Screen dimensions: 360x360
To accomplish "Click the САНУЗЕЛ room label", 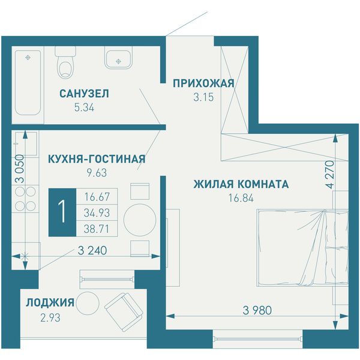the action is pos(84,94).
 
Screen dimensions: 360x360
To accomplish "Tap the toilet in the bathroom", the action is pos(65,62).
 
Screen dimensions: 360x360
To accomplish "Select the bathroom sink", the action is pos(118,58).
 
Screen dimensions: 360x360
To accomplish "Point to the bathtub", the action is pos(28,83).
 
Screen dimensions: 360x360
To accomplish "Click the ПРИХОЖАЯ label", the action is pos(203,83).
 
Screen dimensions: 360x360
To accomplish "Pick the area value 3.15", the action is pos(203,97).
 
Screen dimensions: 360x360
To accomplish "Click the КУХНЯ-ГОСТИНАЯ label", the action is pos(97,159).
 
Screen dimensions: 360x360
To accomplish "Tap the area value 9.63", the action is pos(97,173).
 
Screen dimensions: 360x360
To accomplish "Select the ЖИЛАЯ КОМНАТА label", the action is pos(241,184).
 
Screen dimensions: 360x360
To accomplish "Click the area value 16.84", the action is pos(241,198).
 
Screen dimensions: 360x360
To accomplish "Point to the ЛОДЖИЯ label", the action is pos(50,302).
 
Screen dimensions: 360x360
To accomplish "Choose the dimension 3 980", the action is pos(257,310).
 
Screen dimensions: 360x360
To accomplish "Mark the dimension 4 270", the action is pos(330,175).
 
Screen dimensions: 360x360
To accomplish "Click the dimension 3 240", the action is pos(92,250).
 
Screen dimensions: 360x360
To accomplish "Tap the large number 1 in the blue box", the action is pos(62,212).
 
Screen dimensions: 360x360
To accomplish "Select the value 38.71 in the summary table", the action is pos(97,229).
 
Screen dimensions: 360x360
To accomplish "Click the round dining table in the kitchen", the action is pos(140,220).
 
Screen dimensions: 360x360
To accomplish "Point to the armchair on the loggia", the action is pos(123,312).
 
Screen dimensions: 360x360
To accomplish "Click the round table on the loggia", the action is pos(88,303).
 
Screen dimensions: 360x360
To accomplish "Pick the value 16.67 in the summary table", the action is pos(97,197).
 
